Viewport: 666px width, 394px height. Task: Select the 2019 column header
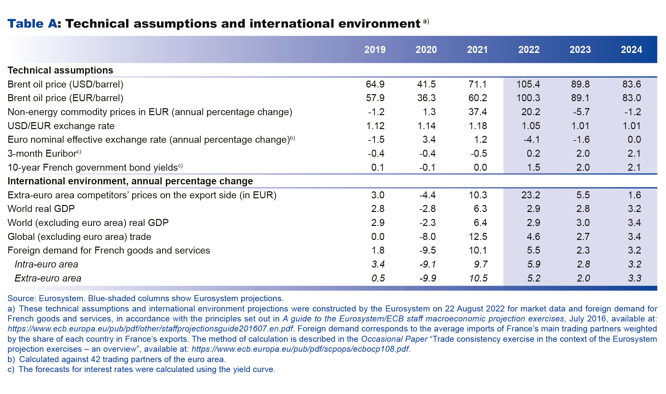pyautogui.click(x=375, y=50)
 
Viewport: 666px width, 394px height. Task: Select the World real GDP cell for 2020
pyautogui.click(x=427, y=209)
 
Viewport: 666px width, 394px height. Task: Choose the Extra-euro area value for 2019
pyautogui.click(x=378, y=278)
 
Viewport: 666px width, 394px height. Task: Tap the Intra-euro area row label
pyautogui.click(x=46, y=264)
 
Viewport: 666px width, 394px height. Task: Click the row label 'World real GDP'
pyautogui.click(x=41, y=209)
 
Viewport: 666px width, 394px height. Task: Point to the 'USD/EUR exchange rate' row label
pyautogui.click(x=61, y=126)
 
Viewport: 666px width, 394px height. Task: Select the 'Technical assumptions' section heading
pyautogui.click(x=60, y=70)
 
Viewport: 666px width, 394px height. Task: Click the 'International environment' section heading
pyautogui.click(x=130, y=181)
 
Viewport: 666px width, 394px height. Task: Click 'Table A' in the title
pyautogui.click(x=32, y=24)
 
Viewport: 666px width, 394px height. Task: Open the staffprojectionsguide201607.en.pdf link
pyautogui.click(x=150, y=329)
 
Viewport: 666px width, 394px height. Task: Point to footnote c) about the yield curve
pyautogui.click(x=142, y=369)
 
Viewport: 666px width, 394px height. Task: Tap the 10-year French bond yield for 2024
pyautogui.click(x=634, y=167)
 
